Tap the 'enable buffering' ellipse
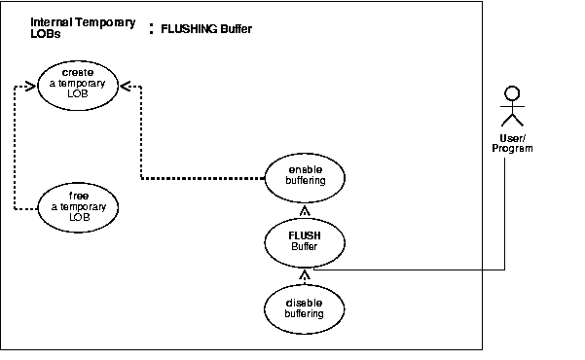(x=305, y=175)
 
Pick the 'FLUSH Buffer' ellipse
(x=305, y=241)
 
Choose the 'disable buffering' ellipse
(x=305, y=308)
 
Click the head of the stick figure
(x=509, y=94)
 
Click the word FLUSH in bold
(x=305, y=235)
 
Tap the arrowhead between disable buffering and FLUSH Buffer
(x=305, y=276)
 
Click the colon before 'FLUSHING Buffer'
(x=151, y=29)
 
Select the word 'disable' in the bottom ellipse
(x=305, y=302)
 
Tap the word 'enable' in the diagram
(x=305, y=169)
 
